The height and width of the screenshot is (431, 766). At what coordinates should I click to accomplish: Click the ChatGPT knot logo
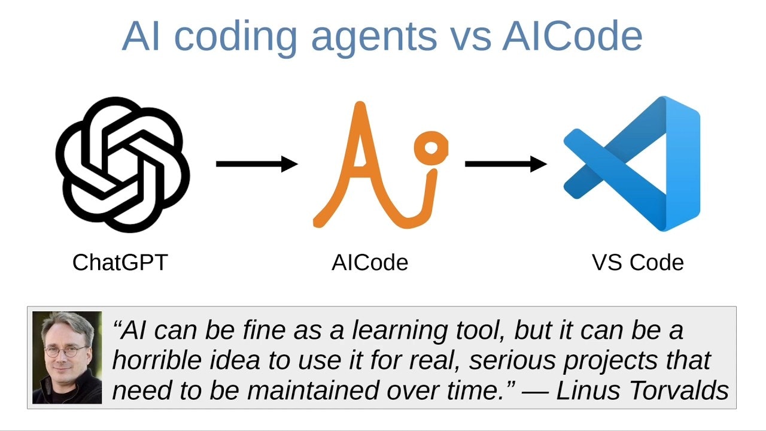click(123, 165)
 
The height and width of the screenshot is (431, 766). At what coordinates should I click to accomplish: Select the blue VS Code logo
click(632, 164)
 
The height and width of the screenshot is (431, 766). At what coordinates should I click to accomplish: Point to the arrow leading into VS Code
click(505, 163)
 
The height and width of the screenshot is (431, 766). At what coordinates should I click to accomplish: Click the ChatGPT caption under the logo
click(120, 262)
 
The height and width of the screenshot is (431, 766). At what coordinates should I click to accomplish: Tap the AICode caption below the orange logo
click(370, 262)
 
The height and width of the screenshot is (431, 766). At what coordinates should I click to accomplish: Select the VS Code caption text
click(637, 262)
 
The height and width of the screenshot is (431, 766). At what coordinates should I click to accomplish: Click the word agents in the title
click(374, 37)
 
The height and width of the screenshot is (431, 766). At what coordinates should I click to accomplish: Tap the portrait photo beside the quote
click(67, 357)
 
